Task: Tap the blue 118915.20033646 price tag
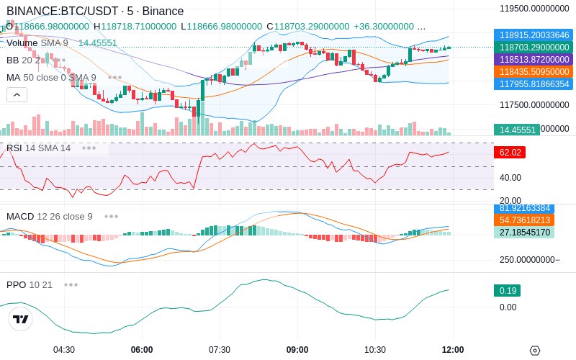click(x=531, y=35)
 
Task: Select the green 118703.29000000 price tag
click(x=531, y=47)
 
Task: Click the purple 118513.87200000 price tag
click(x=531, y=59)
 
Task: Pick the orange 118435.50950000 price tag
click(x=531, y=71)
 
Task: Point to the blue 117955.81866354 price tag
click(x=531, y=84)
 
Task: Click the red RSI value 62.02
click(x=509, y=153)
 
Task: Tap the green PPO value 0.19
click(x=506, y=291)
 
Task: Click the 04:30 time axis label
click(x=64, y=349)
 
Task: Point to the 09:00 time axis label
click(x=297, y=349)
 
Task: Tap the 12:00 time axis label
click(x=453, y=349)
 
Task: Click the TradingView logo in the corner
click(x=21, y=319)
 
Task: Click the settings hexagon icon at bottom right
click(x=535, y=351)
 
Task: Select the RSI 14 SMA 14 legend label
click(x=39, y=148)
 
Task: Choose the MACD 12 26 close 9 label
click(x=50, y=216)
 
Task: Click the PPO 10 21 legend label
click(x=30, y=284)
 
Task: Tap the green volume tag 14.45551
click(x=516, y=130)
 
